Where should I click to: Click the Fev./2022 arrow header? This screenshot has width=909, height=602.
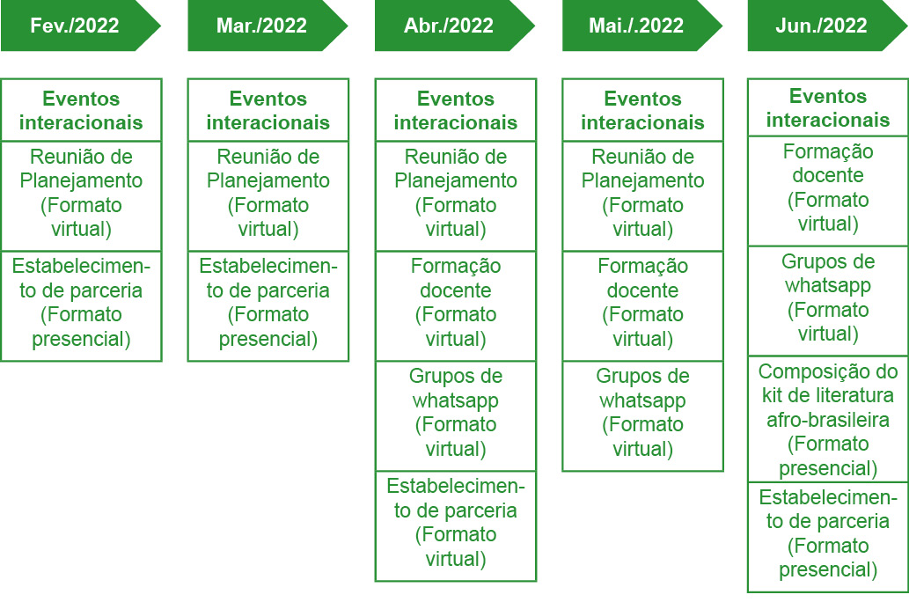point(81,26)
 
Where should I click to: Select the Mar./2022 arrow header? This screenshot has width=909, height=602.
point(268,26)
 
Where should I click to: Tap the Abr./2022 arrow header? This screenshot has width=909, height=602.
point(454,26)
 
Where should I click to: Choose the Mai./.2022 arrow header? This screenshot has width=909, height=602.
point(641,26)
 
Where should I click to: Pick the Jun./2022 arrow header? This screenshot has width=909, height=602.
point(827,26)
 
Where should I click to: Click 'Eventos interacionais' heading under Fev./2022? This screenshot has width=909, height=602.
point(81,110)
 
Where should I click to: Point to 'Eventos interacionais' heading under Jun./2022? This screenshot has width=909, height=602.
point(828,108)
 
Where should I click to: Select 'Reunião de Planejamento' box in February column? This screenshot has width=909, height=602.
point(81,196)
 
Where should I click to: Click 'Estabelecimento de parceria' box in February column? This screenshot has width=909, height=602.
point(81,305)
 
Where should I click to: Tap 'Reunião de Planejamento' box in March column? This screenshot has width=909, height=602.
point(268,196)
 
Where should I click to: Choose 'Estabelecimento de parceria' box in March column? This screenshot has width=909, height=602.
point(268,305)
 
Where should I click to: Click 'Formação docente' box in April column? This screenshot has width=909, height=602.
point(456,305)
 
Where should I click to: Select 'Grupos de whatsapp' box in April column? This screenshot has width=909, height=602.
point(456,415)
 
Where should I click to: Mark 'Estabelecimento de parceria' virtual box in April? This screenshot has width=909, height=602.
point(456,525)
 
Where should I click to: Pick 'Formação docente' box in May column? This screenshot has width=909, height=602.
point(643,305)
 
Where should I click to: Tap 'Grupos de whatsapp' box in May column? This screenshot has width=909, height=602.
point(643,415)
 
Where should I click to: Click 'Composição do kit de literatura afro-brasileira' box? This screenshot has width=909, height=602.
point(828,419)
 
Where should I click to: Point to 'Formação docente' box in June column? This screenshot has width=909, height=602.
point(828,191)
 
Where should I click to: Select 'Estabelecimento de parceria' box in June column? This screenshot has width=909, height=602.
point(828,537)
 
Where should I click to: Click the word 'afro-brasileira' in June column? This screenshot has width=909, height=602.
point(828,419)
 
